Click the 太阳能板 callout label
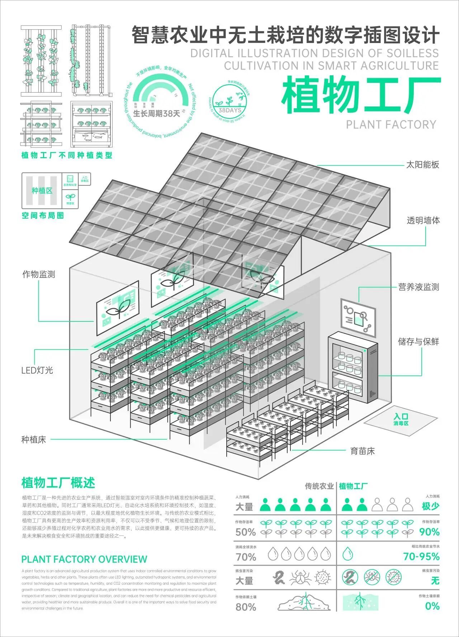coord(422,165)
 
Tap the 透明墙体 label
coord(423,221)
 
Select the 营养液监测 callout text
coord(418,287)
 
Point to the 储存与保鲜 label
coord(418,341)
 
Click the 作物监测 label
coord(39,274)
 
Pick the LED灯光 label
coord(37,370)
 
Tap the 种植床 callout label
coord(34,439)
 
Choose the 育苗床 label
coord(362,451)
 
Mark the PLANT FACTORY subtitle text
coord(391,124)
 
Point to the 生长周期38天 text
coord(157,114)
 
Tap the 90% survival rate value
coord(429,532)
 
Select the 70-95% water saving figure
coord(421,557)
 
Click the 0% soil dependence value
coord(432,606)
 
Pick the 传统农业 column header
coord(319,486)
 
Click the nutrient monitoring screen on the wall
coord(358,317)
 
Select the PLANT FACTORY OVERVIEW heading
coord(84,559)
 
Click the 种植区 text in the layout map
coord(42,190)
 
